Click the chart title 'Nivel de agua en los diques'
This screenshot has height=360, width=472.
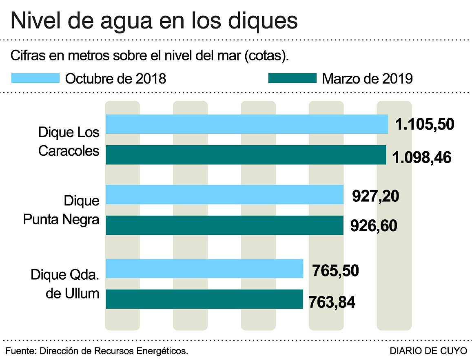154,20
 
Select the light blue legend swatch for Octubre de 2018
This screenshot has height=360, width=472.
35,78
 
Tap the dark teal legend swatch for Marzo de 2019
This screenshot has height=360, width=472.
292,78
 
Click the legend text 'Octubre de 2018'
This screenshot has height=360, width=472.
116,78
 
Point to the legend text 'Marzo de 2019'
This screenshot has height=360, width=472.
367,78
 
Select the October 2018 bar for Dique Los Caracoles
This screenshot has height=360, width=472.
247,124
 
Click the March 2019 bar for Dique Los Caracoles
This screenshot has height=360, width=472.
246,155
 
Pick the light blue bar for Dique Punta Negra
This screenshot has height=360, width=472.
225,194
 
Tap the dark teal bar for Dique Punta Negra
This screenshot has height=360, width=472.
225,225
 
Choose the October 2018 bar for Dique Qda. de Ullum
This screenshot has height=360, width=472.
204,268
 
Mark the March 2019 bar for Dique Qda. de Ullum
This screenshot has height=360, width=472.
204,299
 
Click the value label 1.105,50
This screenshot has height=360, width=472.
424,124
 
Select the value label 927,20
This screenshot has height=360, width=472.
375,196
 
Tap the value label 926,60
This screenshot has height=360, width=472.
374,225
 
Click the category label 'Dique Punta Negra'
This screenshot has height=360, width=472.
61,210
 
